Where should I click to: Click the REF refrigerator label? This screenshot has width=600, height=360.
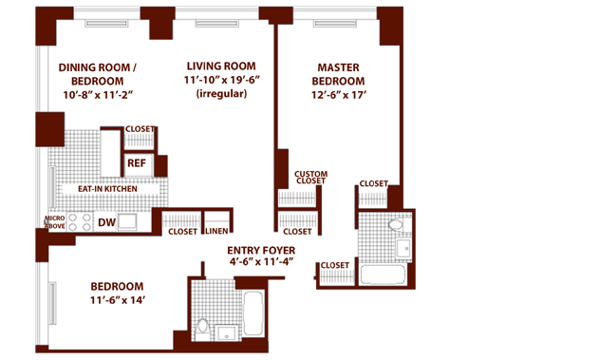(x=137, y=163)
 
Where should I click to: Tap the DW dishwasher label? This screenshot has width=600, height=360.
(x=106, y=222)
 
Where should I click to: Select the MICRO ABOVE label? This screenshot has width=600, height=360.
(x=55, y=222)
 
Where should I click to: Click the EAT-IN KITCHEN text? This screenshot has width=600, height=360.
(x=107, y=189)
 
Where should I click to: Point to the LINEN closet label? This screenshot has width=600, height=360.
(x=216, y=231)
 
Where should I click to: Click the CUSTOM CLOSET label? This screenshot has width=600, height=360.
(x=311, y=178)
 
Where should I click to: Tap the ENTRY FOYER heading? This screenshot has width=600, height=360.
(x=261, y=251)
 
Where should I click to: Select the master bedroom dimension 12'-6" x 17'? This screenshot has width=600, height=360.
(x=339, y=95)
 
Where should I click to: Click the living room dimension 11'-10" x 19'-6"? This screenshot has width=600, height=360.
(x=222, y=80)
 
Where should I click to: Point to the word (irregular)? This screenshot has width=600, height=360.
(x=221, y=94)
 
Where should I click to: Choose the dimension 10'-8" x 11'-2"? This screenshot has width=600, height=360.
(x=98, y=95)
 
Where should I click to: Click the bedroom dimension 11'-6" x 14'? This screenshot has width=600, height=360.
(x=117, y=300)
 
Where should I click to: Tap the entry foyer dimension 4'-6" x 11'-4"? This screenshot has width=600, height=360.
(x=262, y=262)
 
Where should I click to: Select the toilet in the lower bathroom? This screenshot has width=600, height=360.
(x=203, y=330)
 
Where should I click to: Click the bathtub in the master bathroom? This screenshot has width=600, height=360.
(x=383, y=275)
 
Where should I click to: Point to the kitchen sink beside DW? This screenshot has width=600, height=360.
(x=127, y=221)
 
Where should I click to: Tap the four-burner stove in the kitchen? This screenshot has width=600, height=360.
(x=80, y=222)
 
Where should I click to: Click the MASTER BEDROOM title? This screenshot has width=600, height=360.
(x=338, y=74)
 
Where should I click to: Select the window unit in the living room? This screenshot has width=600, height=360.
(x=217, y=24)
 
